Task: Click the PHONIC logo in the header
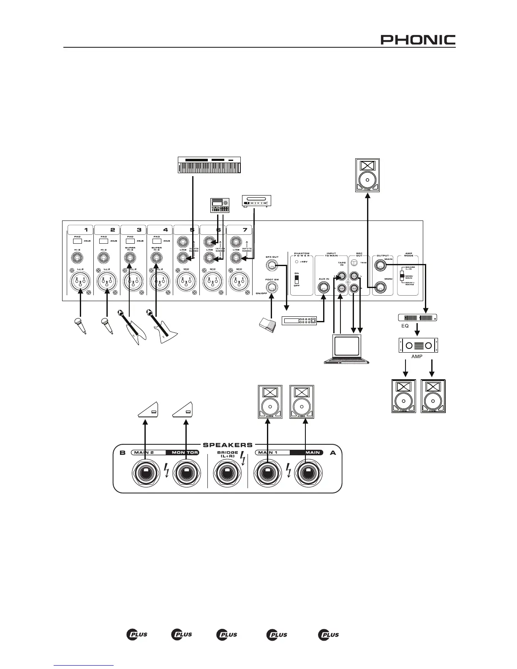[418, 40]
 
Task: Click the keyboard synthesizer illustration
[210, 165]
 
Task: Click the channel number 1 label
[86, 230]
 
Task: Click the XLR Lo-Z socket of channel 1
[80, 281]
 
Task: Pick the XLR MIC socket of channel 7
[239, 281]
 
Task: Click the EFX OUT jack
[272, 265]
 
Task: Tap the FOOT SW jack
[272, 288]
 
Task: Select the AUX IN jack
[324, 288]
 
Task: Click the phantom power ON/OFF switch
[297, 280]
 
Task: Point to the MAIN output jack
[381, 265]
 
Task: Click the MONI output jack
[381, 288]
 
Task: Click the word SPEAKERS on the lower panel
[228, 445]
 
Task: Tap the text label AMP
[417, 356]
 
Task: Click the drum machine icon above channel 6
[220, 206]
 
